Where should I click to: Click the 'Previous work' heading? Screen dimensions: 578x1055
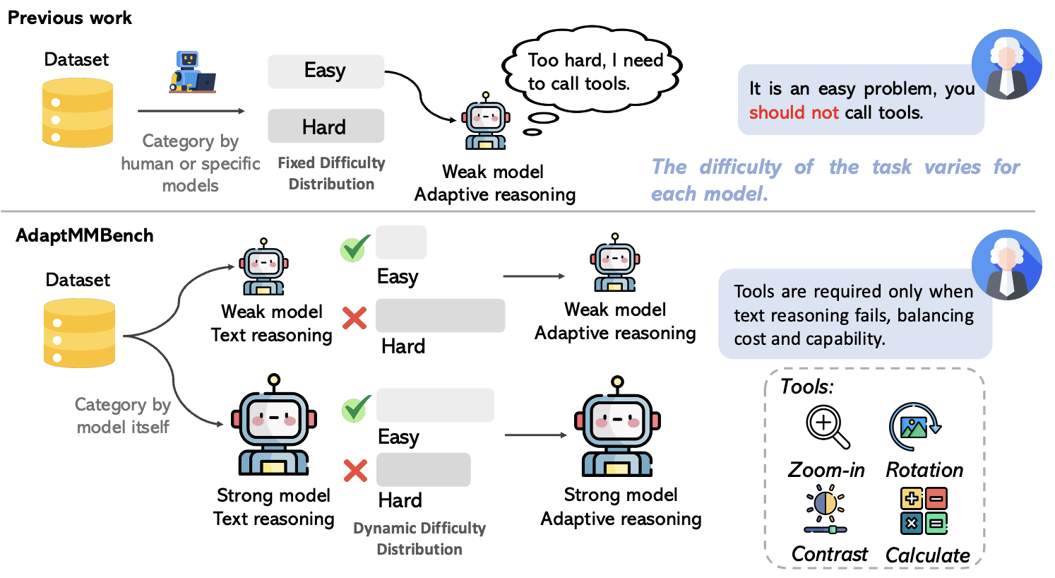coord(69,18)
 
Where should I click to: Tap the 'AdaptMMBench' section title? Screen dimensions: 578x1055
coord(84,235)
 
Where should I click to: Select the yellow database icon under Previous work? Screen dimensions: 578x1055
coord(77,112)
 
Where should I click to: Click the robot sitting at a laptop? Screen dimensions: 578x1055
coord(191,72)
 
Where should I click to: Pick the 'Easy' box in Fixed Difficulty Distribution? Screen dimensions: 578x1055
coord(326,71)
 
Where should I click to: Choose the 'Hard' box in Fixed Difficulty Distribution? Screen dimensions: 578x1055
coord(326,126)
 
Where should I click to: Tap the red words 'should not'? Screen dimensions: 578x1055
coord(793,112)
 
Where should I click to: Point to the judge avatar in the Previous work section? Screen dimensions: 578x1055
coord(1006,64)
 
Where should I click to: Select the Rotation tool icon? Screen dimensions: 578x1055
coord(914,426)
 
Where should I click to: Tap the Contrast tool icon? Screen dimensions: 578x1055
coord(825,510)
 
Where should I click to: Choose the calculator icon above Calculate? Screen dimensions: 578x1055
coord(924,511)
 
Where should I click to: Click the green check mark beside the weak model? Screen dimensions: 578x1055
coord(355,248)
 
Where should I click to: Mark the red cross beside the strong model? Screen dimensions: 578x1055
coord(355,470)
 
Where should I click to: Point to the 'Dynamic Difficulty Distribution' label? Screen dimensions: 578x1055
coord(419,538)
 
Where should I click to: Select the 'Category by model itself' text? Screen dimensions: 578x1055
coord(123,415)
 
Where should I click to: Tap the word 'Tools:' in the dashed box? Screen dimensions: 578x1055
coord(806,387)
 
